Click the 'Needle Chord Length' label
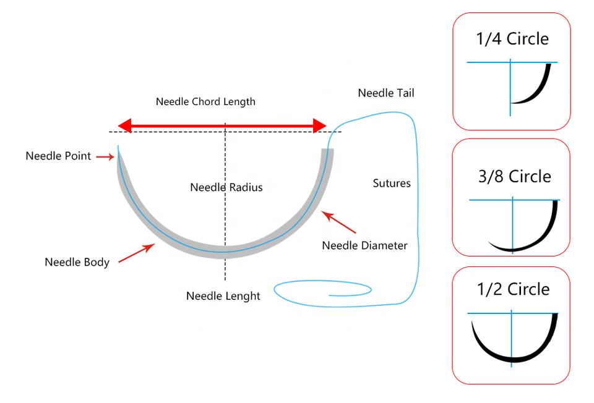(x=205, y=101)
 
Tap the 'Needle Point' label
(x=58, y=156)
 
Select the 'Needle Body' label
(x=77, y=262)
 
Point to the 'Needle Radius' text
(x=226, y=187)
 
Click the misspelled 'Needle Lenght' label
(x=223, y=296)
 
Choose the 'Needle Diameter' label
(x=364, y=245)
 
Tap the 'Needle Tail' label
(x=386, y=93)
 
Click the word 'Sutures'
(x=392, y=184)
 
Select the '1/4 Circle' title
(x=512, y=39)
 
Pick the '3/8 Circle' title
(x=514, y=177)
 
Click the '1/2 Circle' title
(x=512, y=289)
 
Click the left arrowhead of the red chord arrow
(x=124, y=126)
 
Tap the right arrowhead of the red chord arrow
(x=320, y=126)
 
